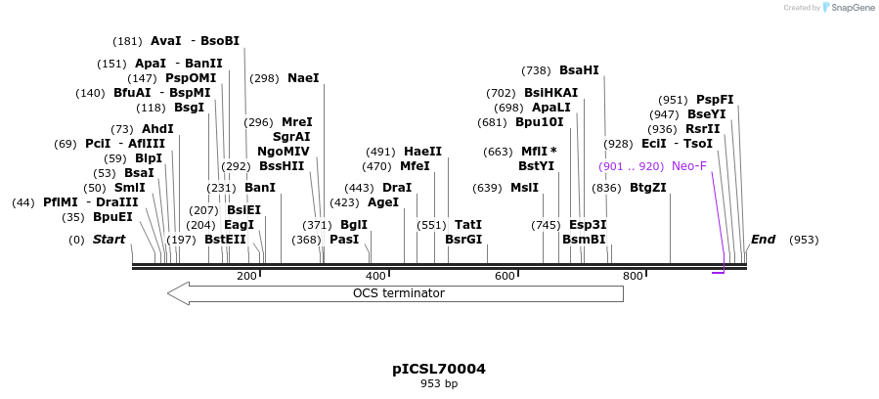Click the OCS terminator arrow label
click(x=398, y=293)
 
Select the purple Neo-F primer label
click(x=688, y=166)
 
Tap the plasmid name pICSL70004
click(x=439, y=370)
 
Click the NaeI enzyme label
click(x=303, y=78)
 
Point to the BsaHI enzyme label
click(x=579, y=70)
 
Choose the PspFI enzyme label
click(x=714, y=100)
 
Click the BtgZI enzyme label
click(x=647, y=188)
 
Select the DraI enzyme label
click(x=397, y=188)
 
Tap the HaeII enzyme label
click(x=422, y=152)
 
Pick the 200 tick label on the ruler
click(x=246, y=276)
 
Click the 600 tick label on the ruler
click(x=505, y=276)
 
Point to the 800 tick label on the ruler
click(x=633, y=276)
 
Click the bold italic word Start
click(x=110, y=240)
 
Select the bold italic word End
click(x=763, y=240)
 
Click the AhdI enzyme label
click(x=157, y=129)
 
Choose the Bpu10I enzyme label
click(x=540, y=122)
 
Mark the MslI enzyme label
click(x=524, y=188)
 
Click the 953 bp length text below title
click(x=439, y=384)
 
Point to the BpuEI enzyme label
click(x=112, y=217)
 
